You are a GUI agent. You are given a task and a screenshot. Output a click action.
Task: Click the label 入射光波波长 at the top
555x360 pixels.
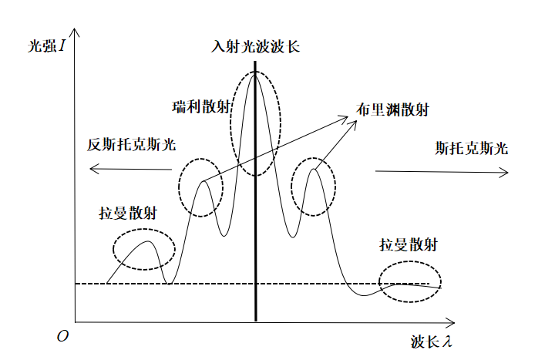255,47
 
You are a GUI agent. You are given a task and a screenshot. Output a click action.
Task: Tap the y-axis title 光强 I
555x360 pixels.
47,45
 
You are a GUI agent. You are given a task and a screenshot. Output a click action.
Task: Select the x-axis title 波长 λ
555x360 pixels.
432,341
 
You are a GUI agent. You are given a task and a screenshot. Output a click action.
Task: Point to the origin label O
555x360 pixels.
62,336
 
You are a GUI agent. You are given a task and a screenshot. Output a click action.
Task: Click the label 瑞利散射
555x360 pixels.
201,106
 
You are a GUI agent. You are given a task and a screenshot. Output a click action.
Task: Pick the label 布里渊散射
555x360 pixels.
392,109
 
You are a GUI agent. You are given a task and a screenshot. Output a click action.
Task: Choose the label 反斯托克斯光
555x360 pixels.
131,144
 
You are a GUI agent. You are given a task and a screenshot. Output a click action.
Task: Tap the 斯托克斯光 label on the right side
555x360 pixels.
471,148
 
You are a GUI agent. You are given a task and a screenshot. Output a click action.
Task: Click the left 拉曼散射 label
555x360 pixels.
128,213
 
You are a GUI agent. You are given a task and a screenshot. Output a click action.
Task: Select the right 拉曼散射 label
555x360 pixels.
409,244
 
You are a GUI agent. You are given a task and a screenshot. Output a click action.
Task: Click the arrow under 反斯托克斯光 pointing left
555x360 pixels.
130,169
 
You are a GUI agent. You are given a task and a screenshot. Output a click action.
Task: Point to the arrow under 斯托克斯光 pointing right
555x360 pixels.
442,172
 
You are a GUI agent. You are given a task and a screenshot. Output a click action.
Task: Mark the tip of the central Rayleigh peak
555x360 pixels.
255,74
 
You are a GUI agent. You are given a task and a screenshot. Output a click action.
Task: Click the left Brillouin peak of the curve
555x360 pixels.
203,182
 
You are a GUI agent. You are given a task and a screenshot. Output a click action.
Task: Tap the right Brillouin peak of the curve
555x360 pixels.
314,169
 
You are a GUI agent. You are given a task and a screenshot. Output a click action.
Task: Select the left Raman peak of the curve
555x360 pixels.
149,241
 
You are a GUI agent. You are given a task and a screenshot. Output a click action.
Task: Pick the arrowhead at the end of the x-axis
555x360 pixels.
450,322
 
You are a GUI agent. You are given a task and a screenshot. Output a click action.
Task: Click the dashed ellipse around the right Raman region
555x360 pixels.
410,261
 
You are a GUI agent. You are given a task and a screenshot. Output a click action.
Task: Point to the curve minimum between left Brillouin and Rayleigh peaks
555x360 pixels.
224,236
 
